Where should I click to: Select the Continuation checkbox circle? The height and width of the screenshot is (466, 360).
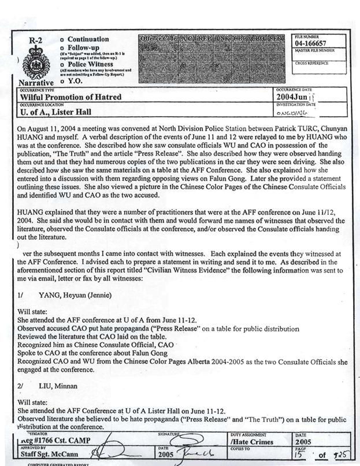coord(62,39)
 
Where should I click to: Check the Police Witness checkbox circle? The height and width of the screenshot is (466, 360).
coord(62,64)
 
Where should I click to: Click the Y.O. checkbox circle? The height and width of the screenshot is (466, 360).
coord(62,82)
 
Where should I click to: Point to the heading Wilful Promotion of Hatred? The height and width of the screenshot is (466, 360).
coord(70,97)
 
